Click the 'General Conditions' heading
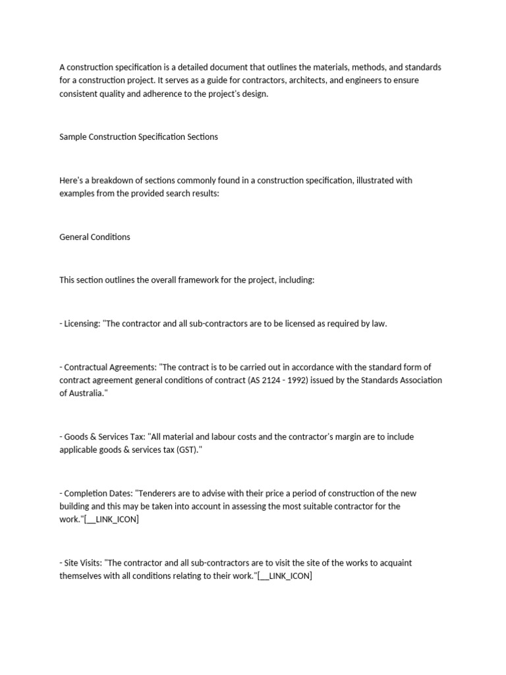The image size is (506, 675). tap(95, 237)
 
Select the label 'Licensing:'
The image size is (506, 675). tap(81, 324)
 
